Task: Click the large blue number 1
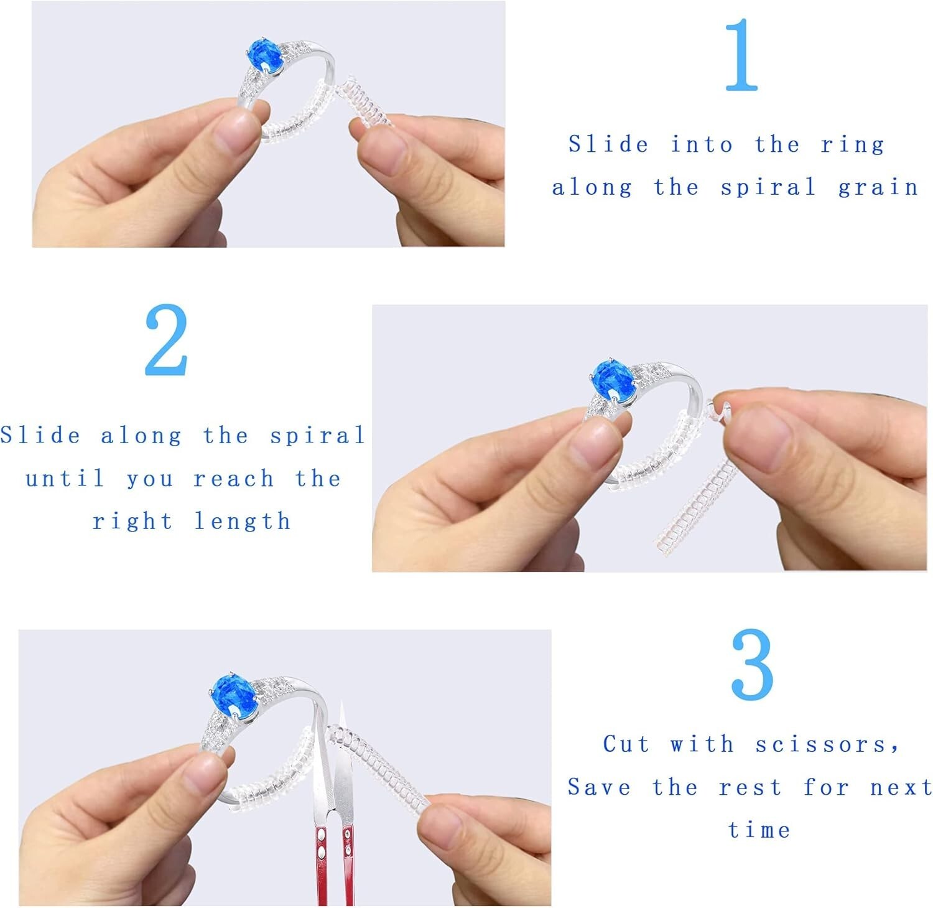coord(742,55)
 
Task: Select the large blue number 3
coord(752,664)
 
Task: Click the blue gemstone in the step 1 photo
coord(265,56)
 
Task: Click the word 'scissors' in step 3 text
coord(827,744)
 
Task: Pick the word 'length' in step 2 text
coord(242,521)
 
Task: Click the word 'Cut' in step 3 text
coord(626,744)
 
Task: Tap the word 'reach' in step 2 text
coord(233,479)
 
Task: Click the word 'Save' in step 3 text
coord(599,787)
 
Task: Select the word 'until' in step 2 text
coord(65,479)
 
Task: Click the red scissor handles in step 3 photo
coord(335,859)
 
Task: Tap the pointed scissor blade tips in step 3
coord(341,716)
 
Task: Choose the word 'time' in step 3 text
coord(759,830)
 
